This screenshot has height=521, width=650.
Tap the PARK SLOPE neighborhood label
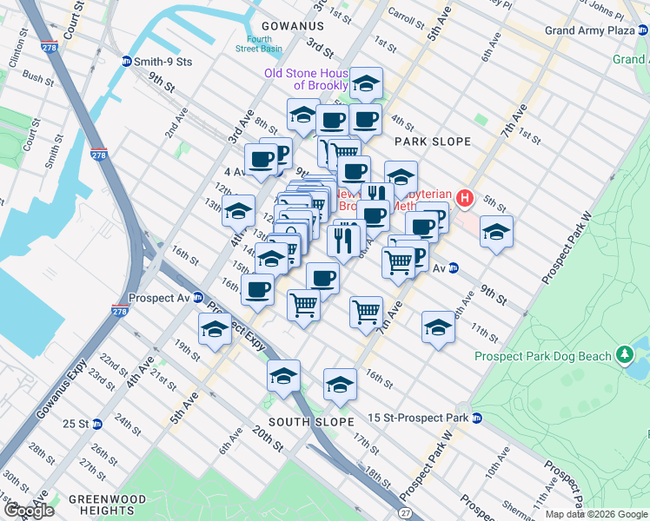point(432,142)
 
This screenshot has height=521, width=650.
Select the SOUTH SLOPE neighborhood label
point(311,422)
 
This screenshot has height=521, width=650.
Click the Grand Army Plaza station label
point(590,31)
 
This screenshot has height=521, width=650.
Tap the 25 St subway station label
point(76,424)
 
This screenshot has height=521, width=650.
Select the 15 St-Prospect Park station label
point(416,419)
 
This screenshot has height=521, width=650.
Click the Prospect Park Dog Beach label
point(541,356)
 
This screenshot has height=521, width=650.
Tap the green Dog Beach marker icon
point(623,355)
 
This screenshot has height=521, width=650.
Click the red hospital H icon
point(465,200)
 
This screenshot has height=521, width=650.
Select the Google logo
point(29,511)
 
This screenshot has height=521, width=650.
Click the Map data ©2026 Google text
point(596,514)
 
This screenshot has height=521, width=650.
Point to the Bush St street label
point(38,79)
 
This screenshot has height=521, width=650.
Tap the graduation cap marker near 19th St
point(214,330)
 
